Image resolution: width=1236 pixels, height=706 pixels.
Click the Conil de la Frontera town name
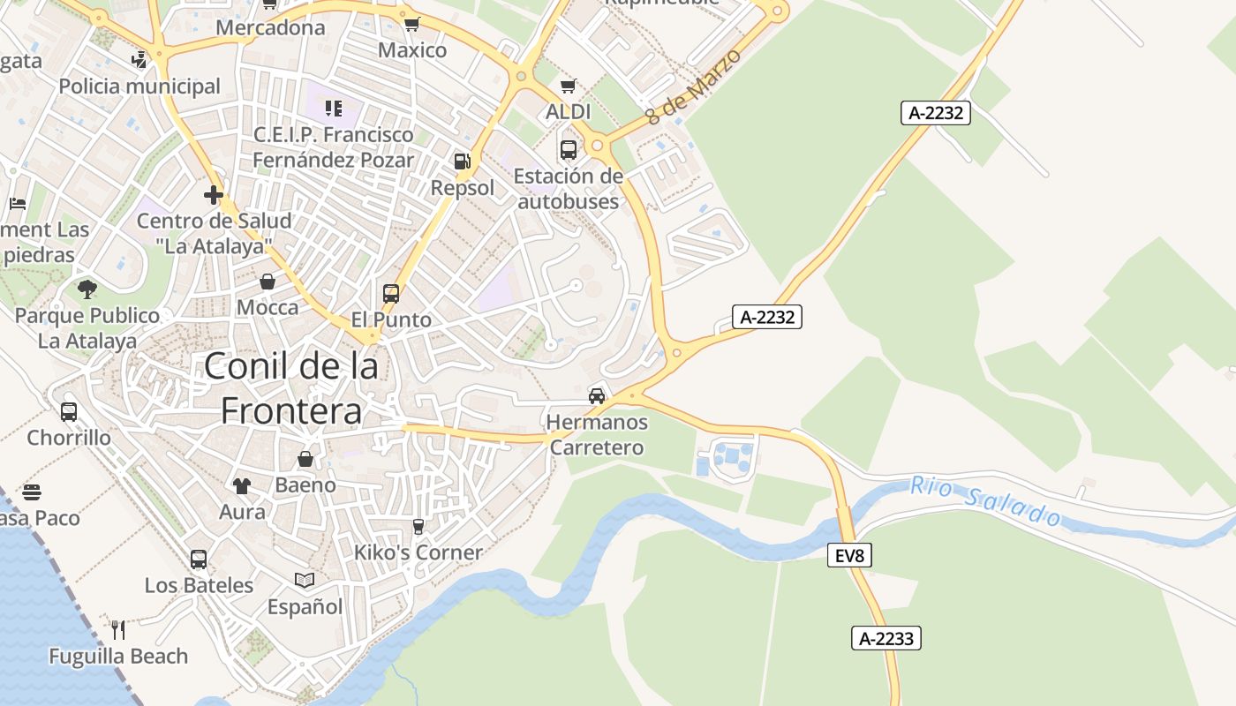pos(291,388)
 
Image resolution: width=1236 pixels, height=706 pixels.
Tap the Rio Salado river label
pos(984,501)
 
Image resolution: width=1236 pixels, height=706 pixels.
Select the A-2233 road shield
pos(886,638)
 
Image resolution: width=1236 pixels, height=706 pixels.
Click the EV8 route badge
pos(850,555)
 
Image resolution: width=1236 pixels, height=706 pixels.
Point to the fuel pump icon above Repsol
pos(462,161)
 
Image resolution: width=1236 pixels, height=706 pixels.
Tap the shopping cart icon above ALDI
pos(569,86)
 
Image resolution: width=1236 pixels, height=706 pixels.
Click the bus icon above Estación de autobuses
pos(568,150)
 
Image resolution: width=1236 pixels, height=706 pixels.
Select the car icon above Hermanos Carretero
pos(597,395)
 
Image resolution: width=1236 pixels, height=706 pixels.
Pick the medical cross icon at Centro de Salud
pos(213,195)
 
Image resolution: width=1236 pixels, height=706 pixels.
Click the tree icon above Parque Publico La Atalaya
pos(87,289)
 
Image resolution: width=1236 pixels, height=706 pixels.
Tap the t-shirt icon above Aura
pos(242,485)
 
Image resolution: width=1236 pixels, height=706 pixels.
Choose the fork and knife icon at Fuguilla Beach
pos(118,629)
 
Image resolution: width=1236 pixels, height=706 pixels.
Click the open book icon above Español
pos(305,580)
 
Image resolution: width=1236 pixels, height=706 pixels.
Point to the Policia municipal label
pos(139,86)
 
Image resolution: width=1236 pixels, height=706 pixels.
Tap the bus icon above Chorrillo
pos(69,411)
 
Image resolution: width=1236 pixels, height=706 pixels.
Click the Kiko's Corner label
pos(418,552)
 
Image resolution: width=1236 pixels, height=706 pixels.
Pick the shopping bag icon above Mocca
pos(268,282)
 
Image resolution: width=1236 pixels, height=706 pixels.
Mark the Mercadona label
pos(270,27)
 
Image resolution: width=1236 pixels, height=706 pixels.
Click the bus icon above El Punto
pos(391,293)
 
